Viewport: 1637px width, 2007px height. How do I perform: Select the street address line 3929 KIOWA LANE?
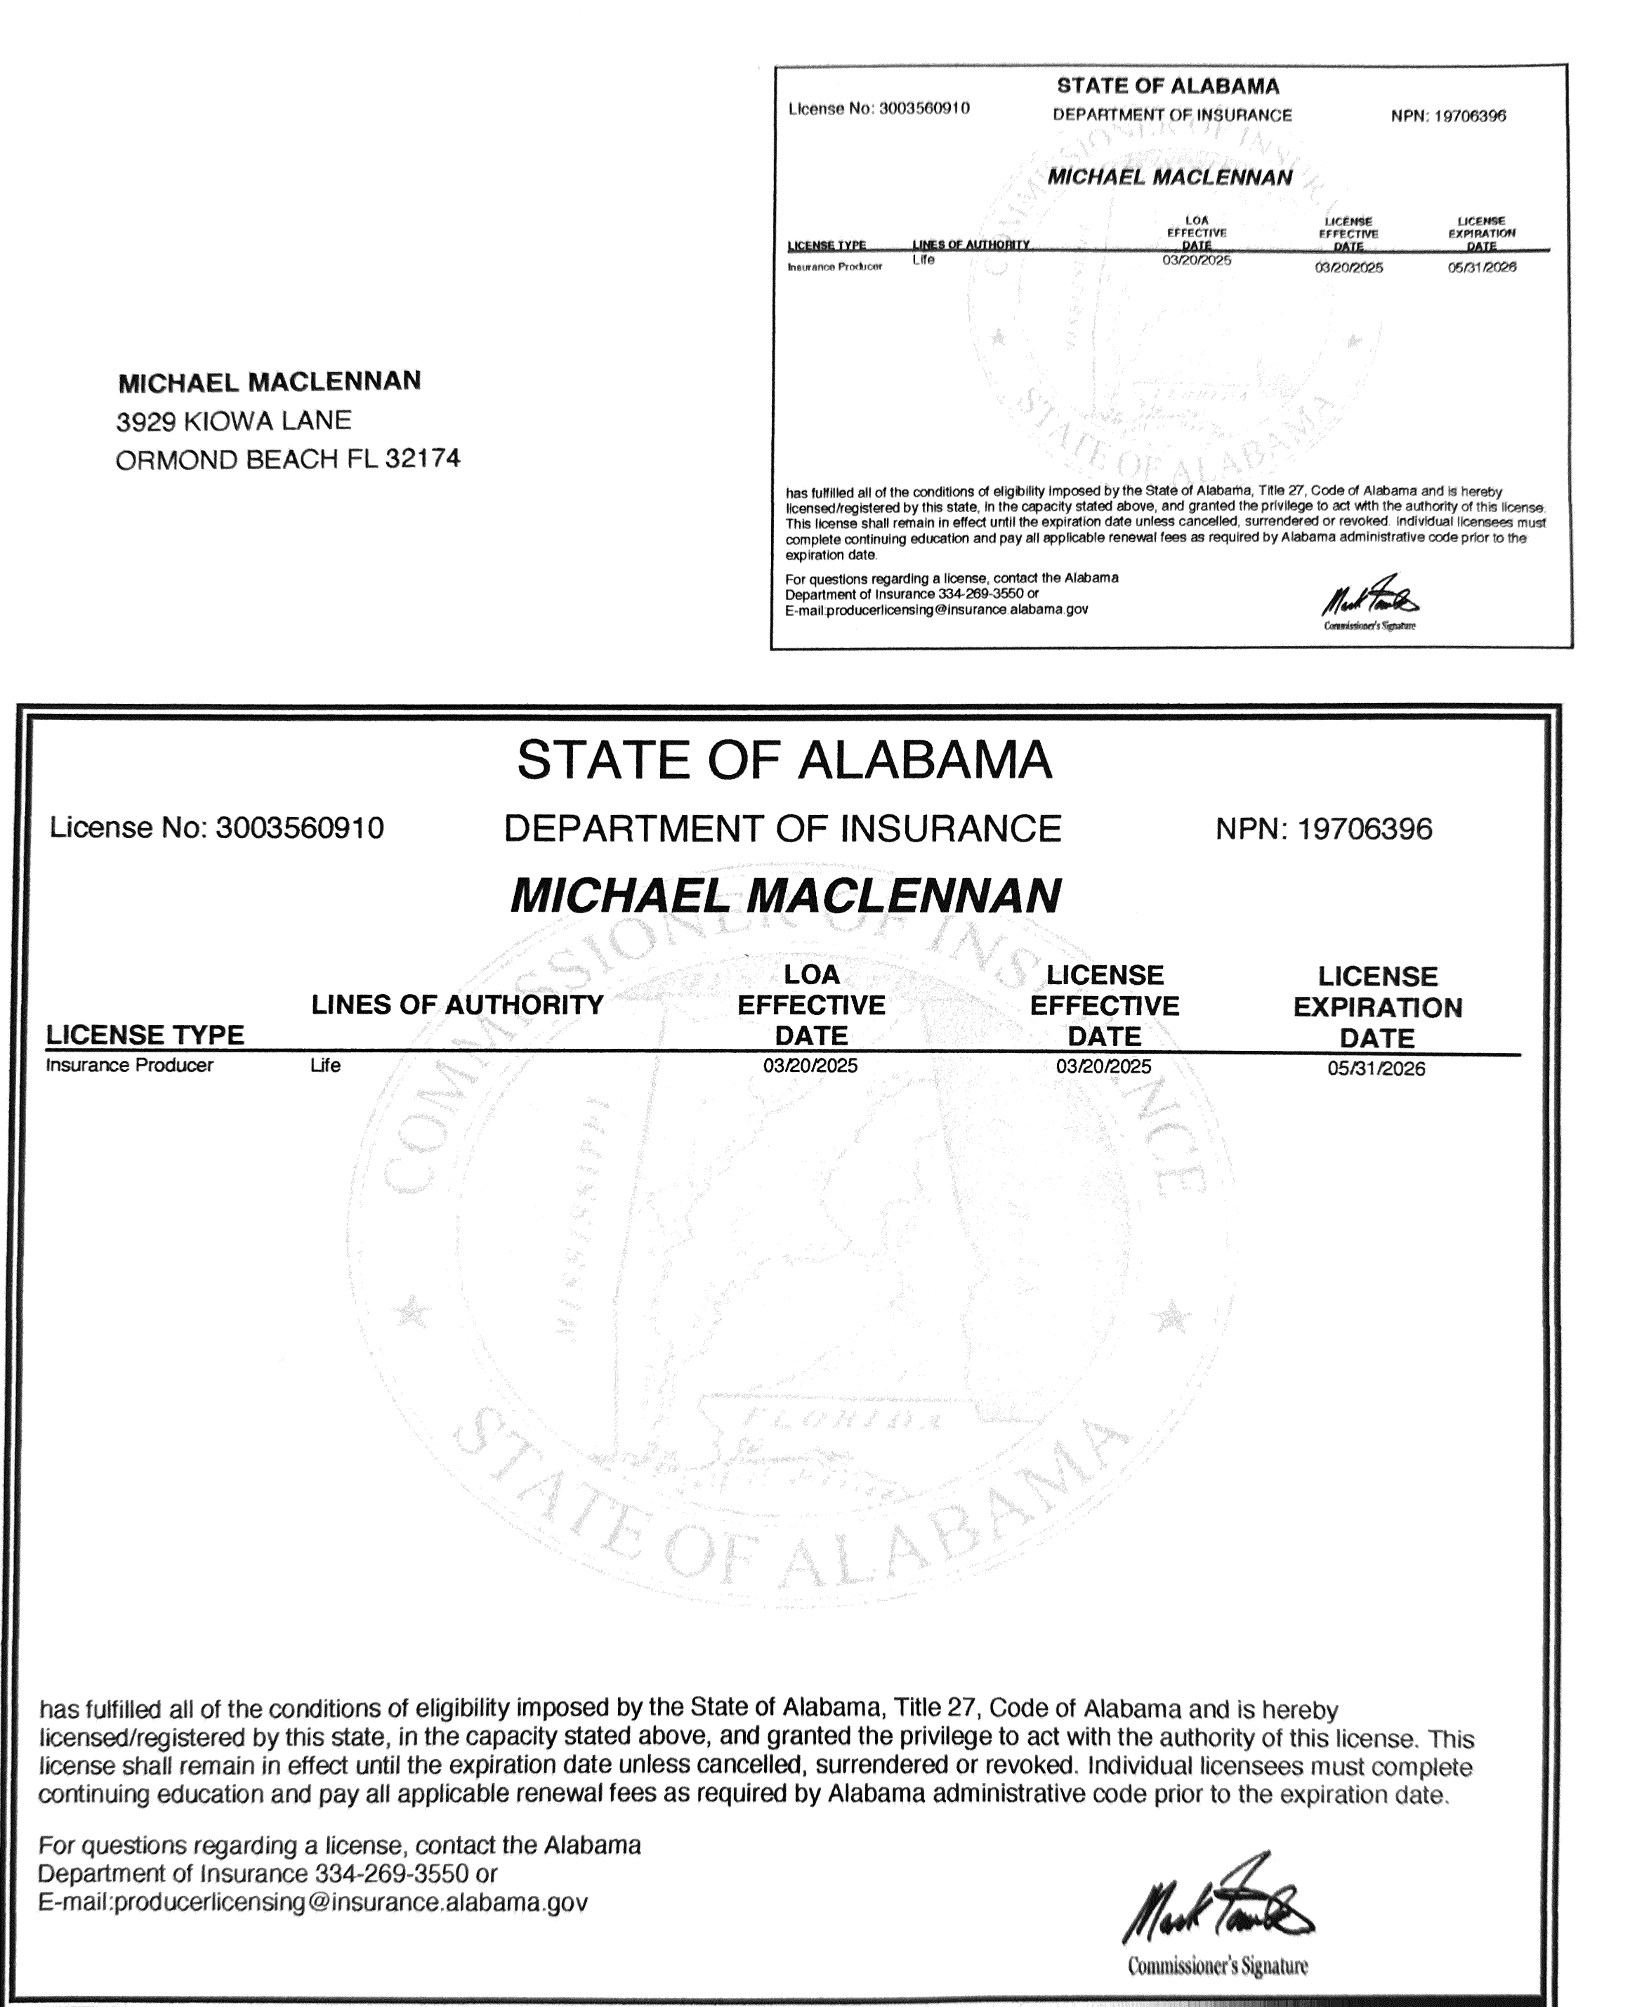pyautogui.click(x=234, y=421)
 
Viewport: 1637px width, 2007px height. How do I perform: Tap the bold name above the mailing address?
pyautogui.click(x=270, y=382)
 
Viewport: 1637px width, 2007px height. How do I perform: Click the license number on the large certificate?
pyautogui.click(x=300, y=828)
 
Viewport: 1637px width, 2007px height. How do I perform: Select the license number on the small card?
pyautogui.click(x=924, y=108)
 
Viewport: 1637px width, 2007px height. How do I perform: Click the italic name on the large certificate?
pyautogui.click(x=786, y=895)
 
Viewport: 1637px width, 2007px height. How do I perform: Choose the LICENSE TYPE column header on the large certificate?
pyautogui.click(x=145, y=1035)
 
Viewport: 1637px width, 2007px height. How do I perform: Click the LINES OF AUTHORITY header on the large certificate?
pyautogui.click(x=457, y=1005)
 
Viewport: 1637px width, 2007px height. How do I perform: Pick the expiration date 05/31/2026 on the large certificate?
pyautogui.click(x=1376, y=1068)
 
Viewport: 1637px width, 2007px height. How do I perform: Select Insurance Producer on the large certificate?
pyautogui.click(x=129, y=1065)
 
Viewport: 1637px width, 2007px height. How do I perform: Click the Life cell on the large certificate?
pyautogui.click(x=325, y=1065)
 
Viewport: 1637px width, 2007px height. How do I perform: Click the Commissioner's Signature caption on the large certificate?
pyautogui.click(x=1217, y=1966)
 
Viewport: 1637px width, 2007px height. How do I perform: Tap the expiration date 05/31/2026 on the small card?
pyautogui.click(x=1481, y=268)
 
